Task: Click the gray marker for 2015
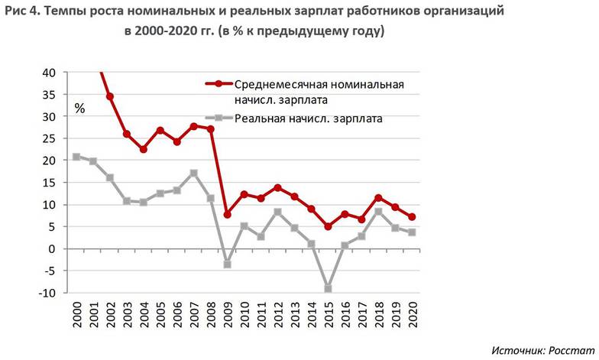(x=329, y=289)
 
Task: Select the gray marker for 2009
(x=228, y=264)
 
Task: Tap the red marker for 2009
(x=228, y=215)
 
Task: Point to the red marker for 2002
(x=110, y=96)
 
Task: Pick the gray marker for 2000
(x=76, y=157)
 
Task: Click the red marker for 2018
(x=379, y=198)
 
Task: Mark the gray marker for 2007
(x=194, y=173)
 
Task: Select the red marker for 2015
(x=329, y=226)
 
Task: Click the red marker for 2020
(x=413, y=217)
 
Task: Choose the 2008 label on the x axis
(x=212, y=314)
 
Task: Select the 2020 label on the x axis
(x=413, y=314)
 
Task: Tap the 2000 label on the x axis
(x=77, y=314)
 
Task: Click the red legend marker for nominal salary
(x=219, y=84)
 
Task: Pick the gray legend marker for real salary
(x=219, y=118)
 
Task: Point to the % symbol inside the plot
(x=79, y=109)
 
